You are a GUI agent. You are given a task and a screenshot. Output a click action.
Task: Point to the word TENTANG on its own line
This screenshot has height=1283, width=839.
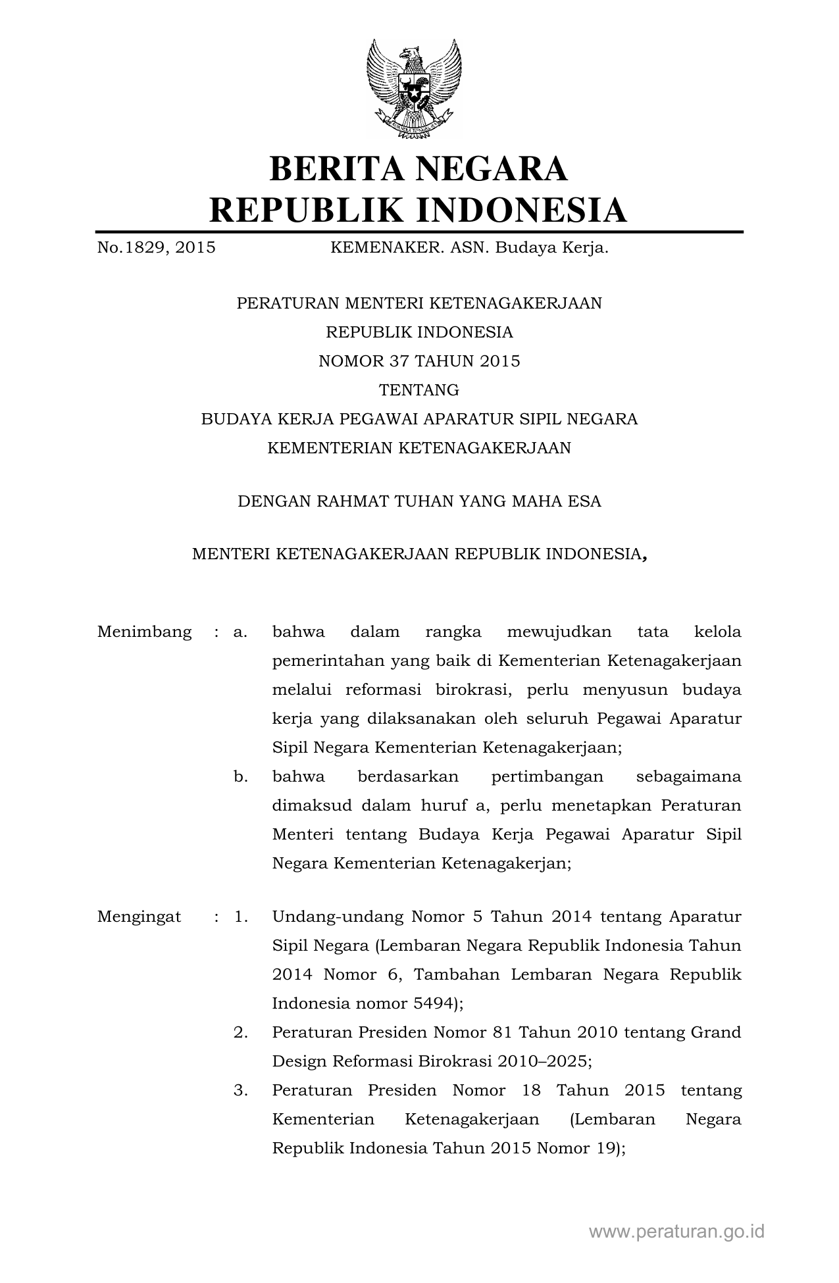pyautogui.click(x=419, y=390)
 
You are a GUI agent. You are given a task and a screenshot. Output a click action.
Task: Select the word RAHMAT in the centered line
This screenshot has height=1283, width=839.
pyautogui.click(x=353, y=501)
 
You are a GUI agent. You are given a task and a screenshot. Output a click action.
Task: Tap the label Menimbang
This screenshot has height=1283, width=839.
pyautogui.click(x=144, y=632)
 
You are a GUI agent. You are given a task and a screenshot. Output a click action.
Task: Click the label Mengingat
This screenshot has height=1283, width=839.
pyautogui.click(x=139, y=917)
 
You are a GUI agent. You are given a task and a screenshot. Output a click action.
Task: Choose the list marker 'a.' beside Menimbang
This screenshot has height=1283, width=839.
pyautogui.click(x=240, y=632)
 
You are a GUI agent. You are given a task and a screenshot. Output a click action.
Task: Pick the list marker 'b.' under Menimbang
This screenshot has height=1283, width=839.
pyautogui.click(x=240, y=777)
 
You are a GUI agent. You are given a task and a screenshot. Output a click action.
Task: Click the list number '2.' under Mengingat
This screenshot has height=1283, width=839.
pyautogui.click(x=240, y=1032)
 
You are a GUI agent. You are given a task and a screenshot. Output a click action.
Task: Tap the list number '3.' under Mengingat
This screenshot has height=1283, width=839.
pyautogui.click(x=240, y=1090)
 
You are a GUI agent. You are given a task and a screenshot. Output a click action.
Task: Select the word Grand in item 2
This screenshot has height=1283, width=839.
pyautogui.click(x=716, y=1032)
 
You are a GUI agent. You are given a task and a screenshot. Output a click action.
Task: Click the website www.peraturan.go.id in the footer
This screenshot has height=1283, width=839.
pyautogui.click(x=676, y=1232)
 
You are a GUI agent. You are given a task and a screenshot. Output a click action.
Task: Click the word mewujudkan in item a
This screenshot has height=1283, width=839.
pyautogui.click(x=559, y=632)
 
